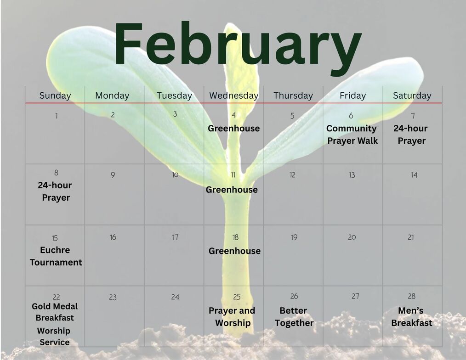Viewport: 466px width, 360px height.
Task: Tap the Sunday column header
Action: (55, 96)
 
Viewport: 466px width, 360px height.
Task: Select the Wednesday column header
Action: (234, 96)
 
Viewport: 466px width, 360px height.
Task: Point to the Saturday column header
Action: (412, 96)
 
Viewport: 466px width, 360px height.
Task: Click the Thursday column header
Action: (293, 96)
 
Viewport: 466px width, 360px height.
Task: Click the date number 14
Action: (414, 175)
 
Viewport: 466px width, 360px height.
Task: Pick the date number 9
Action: (113, 175)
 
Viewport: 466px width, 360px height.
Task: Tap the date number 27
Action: (355, 296)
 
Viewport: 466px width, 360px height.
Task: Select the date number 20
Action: (352, 237)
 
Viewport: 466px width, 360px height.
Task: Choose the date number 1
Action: (56, 116)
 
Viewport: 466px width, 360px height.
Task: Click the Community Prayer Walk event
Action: (352, 135)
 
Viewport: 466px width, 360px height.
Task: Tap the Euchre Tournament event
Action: (56, 256)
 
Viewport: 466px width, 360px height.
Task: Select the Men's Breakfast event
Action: (412, 317)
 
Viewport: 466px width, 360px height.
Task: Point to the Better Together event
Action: (294, 317)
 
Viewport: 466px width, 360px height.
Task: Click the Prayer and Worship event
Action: (232, 317)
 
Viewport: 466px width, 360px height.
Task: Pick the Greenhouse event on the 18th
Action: (234, 251)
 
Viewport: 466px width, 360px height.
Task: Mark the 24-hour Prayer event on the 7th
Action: (411, 135)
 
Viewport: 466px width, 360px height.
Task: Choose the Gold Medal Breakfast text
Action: (55, 312)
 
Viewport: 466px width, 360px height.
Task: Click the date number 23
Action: (113, 298)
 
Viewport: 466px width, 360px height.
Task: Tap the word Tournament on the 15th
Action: (56, 262)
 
